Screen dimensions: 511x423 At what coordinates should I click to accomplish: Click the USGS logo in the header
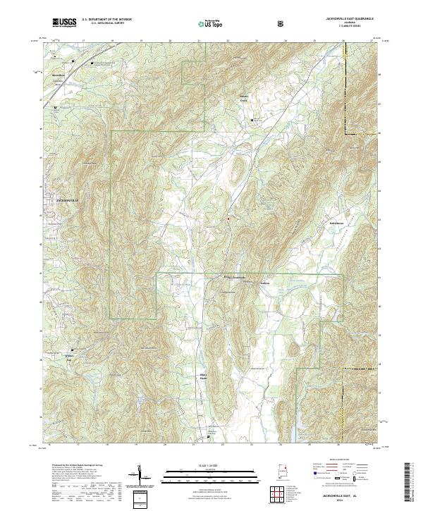coord(63,23)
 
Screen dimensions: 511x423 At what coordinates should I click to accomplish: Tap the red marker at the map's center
coord(228,218)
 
